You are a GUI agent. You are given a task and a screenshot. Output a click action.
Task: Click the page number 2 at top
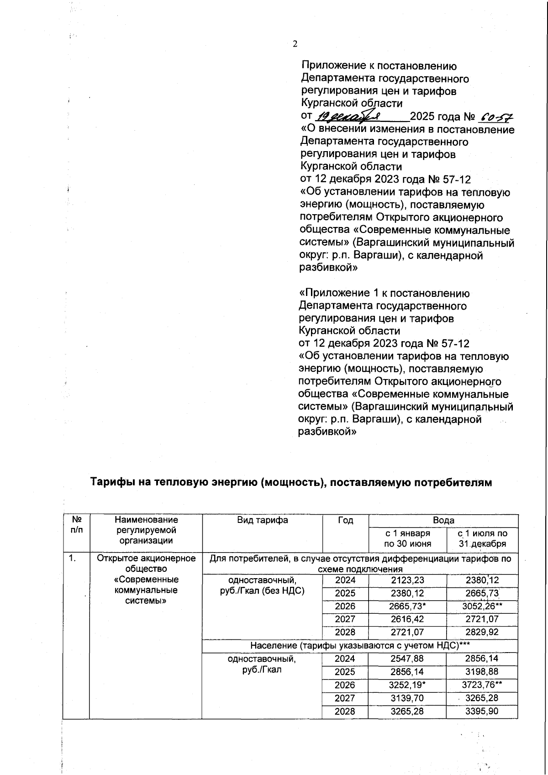pos(295,44)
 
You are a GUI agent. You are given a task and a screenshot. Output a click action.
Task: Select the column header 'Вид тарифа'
pos(262,520)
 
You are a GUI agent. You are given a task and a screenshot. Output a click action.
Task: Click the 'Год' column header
pos(345,520)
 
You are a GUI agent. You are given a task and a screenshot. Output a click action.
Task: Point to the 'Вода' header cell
pos(443,520)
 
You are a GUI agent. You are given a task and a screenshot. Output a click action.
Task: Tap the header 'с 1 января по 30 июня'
pos(407,538)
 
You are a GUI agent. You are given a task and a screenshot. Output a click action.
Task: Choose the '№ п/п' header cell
pos(77,525)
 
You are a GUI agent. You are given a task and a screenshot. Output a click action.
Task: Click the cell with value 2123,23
pos(407,580)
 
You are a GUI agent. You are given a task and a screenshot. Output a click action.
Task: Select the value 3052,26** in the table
pos(482,606)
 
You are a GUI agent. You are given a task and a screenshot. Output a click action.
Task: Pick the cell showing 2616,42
pos(407,619)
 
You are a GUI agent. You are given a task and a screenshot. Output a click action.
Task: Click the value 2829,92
pos(482,633)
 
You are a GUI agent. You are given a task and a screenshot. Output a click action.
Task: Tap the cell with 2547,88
pos(407,659)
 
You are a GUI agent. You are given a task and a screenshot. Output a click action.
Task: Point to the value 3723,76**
pos(482,685)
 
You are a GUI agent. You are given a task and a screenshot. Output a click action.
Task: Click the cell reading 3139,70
pos(407,698)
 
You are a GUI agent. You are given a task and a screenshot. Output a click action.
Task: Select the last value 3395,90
pos(482,712)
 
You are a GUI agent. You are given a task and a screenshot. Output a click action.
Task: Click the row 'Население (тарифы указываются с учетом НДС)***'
pos(360,645)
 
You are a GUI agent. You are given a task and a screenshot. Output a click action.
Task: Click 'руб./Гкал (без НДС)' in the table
pos(262,590)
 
